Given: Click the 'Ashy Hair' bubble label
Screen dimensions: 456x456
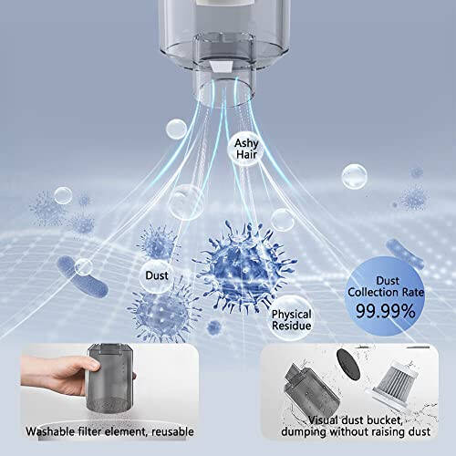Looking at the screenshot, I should pos(245,149).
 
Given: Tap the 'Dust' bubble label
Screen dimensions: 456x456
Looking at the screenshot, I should pos(155,274).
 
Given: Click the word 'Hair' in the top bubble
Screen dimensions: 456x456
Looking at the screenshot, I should pos(245,155).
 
